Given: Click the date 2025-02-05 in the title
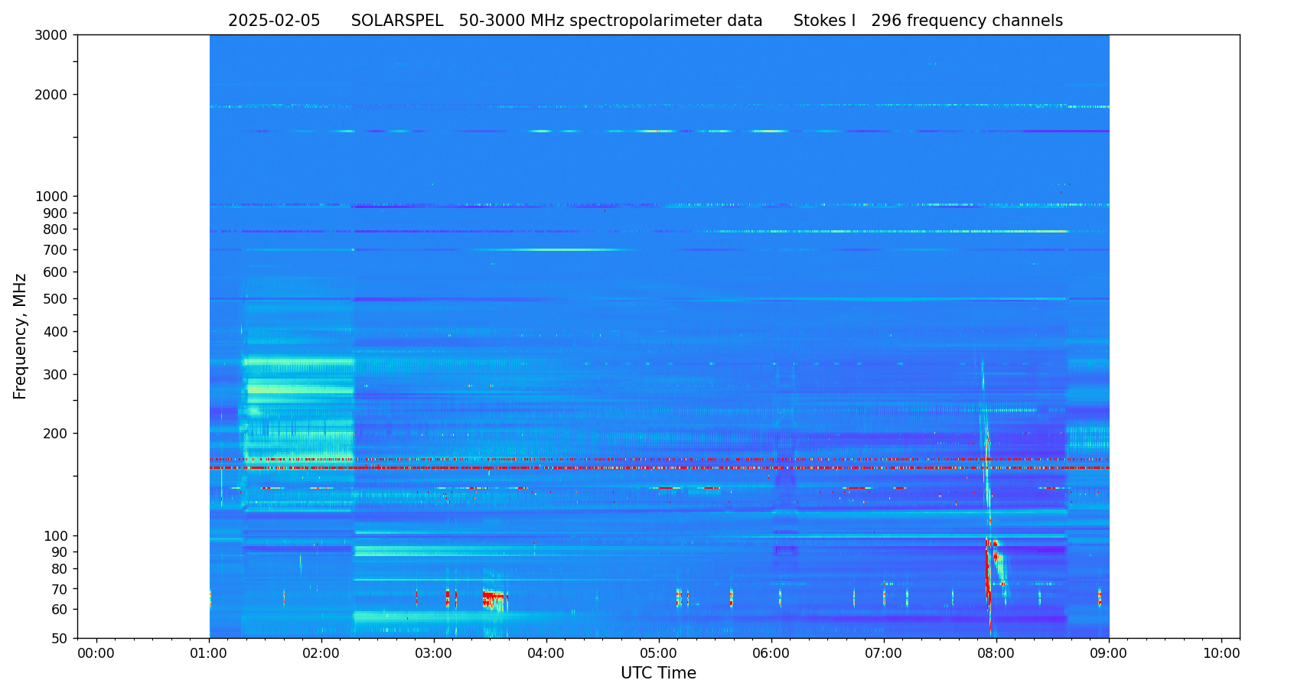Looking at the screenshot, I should click(x=274, y=21).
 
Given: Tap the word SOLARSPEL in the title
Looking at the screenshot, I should click(x=397, y=21).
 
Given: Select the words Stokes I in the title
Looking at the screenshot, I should click(x=824, y=21).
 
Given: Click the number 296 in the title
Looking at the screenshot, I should click(x=886, y=21).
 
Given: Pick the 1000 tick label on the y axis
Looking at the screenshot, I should click(x=51, y=197).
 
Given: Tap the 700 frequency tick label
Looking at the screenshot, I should click(x=54, y=250).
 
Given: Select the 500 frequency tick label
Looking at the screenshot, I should click(x=54, y=299).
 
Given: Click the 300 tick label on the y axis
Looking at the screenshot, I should click(x=54, y=375).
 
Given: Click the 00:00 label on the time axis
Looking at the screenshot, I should click(x=96, y=654).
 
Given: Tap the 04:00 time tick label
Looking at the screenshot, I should click(x=546, y=654).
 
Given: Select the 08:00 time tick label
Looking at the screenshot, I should click(x=996, y=654).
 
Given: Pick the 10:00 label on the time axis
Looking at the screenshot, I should click(x=1221, y=654).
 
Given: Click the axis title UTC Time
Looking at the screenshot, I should click(x=658, y=674).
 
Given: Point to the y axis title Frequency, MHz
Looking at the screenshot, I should click(x=21, y=337).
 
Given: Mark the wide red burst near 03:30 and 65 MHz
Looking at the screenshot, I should click(x=494, y=596).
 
